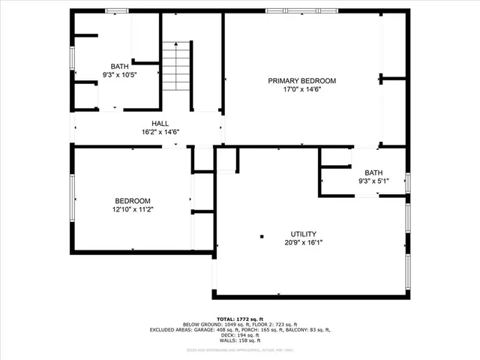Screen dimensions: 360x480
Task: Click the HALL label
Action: pyautogui.click(x=160, y=124)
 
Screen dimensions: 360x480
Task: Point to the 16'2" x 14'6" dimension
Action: pyautogui.click(x=160, y=133)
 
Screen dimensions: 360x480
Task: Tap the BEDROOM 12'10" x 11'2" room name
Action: pyautogui.click(x=133, y=201)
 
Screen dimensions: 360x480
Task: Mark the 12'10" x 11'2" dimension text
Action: pyautogui.click(x=133, y=210)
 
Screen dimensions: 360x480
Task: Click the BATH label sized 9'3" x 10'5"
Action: pyautogui.click(x=120, y=66)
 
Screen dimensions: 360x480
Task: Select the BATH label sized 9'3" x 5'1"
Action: pyautogui.click(x=373, y=172)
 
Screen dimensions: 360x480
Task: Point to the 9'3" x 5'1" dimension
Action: pyautogui.click(x=373, y=181)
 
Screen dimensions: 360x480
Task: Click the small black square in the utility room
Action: pyautogui.click(x=262, y=237)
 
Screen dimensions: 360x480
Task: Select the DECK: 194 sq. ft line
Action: pyautogui.click(x=240, y=335)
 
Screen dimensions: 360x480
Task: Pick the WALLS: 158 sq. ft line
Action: pyautogui.click(x=240, y=341)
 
